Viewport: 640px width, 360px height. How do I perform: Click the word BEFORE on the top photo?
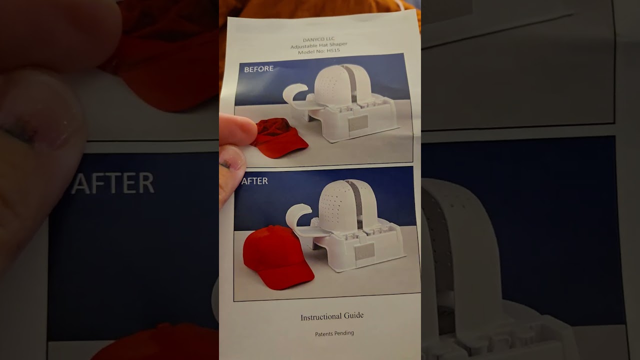click(x=258, y=69)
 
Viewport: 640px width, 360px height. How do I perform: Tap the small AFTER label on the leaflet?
click(x=254, y=181)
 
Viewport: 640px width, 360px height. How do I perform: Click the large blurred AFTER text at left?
click(x=113, y=183)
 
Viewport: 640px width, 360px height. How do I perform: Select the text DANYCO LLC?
click(x=319, y=40)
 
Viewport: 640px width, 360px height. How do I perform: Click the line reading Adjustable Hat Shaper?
click(x=318, y=46)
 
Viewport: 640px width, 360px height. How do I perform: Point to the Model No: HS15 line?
click(x=318, y=51)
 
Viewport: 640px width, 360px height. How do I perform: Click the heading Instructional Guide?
click(x=332, y=316)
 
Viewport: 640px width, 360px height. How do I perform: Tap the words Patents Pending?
click(x=334, y=333)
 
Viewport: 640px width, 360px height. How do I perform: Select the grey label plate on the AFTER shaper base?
click(x=364, y=252)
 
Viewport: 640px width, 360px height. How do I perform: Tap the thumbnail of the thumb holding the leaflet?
click(x=234, y=162)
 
